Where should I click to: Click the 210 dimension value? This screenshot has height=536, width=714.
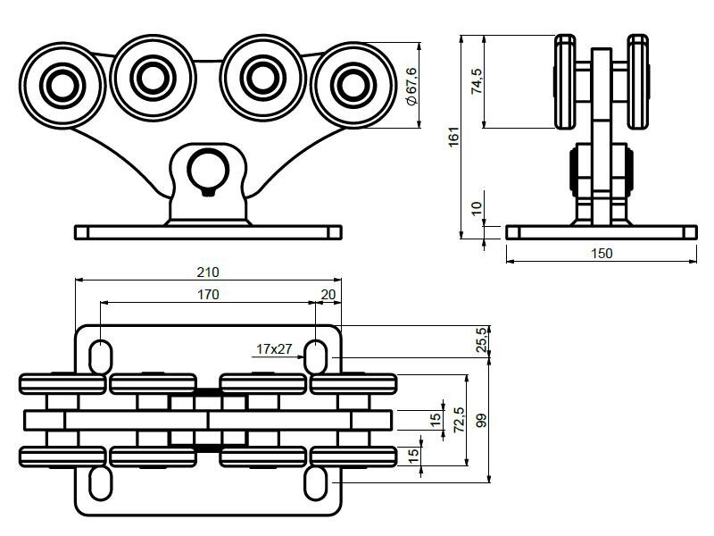click(x=208, y=272)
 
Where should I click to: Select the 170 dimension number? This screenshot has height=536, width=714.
click(x=208, y=293)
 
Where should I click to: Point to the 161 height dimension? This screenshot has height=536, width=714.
click(x=453, y=137)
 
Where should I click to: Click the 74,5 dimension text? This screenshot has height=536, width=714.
click(x=477, y=80)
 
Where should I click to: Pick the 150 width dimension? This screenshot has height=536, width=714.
click(x=602, y=254)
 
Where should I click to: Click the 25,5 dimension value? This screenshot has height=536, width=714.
click(x=483, y=340)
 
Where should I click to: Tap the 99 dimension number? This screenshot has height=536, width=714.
click(x=483, y=420)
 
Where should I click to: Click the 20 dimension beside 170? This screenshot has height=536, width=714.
click(x=328, y=293)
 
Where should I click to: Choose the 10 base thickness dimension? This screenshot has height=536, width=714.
click(x=477, y=208)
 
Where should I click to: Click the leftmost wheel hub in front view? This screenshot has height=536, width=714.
click(x=62, y=85)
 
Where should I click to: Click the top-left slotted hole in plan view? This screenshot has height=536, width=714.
click(x=100, y=356)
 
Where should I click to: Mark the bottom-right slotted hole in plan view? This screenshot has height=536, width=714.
click(x=317, y=483)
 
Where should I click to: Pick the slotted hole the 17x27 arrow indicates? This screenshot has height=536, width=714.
click(x=317, y=356)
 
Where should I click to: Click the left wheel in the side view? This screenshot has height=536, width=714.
click(x=566, y=80)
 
